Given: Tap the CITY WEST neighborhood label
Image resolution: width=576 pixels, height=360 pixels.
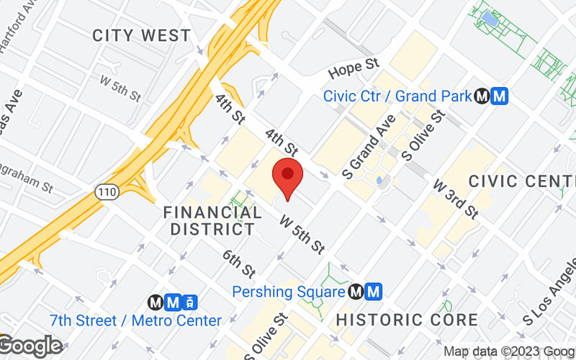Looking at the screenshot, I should (141, 35).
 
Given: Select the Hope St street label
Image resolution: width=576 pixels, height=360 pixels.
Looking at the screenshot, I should (354, 69).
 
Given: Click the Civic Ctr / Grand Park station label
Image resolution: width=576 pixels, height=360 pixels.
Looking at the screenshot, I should (397, 96).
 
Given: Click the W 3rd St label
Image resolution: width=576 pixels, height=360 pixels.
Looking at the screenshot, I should (456, 199).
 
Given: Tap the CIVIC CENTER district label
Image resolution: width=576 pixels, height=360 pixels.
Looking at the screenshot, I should (522, 180).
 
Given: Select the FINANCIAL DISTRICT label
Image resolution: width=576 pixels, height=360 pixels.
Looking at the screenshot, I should (212, 221).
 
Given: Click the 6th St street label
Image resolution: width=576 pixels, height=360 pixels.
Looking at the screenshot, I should (239, 264).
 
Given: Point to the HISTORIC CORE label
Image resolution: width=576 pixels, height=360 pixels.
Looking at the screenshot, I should (407, 320).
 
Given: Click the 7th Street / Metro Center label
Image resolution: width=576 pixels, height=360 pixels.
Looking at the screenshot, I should (136, 320).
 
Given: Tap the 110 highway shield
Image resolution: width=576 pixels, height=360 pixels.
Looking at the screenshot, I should (104, 192).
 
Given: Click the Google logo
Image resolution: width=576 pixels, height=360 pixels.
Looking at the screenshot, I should (32, 346).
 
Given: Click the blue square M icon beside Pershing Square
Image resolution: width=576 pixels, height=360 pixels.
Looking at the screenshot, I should (372, 292).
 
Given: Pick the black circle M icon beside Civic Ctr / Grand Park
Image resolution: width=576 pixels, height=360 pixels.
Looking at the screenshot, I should (482, 96).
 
